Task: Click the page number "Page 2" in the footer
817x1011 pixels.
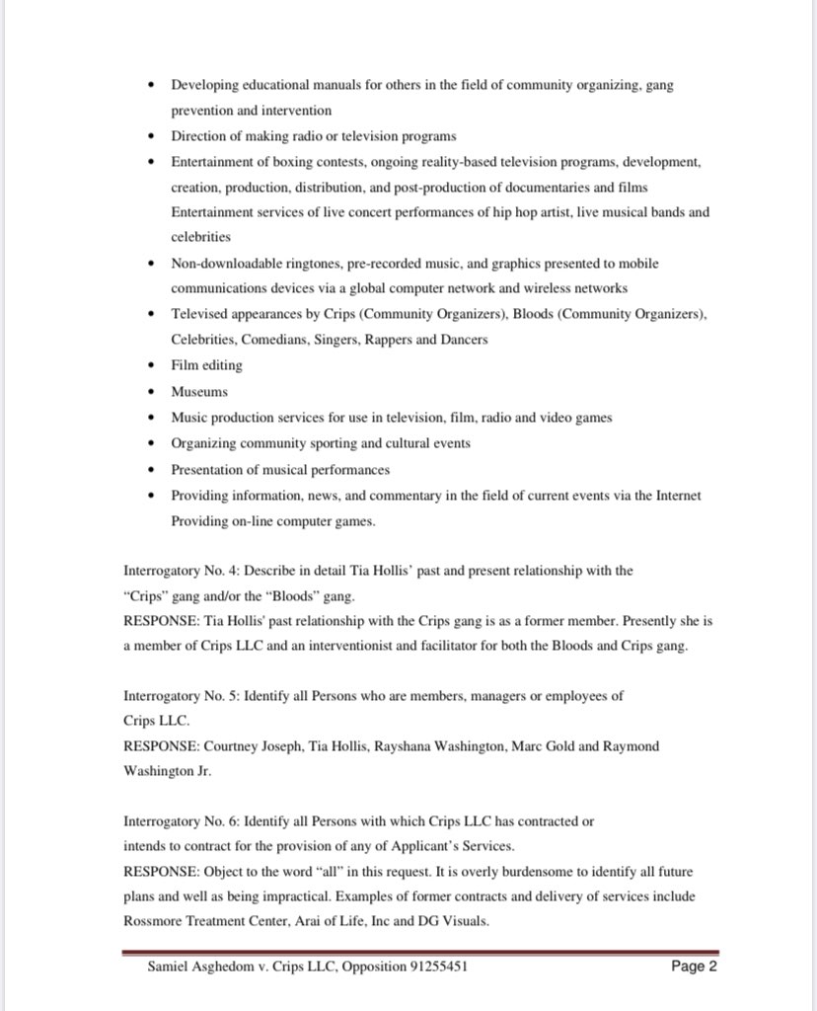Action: [694, 967]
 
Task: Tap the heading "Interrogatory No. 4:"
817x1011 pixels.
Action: [182, 571]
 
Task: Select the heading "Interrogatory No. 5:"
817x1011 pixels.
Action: [182, 695]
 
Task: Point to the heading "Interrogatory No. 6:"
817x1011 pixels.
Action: [182, 821]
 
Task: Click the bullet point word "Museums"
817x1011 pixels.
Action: [199, 391]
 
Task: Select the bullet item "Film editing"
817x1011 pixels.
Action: [206, 365]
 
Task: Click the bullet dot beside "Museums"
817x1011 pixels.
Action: [150, 392]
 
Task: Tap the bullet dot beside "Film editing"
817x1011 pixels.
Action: [150, 365]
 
